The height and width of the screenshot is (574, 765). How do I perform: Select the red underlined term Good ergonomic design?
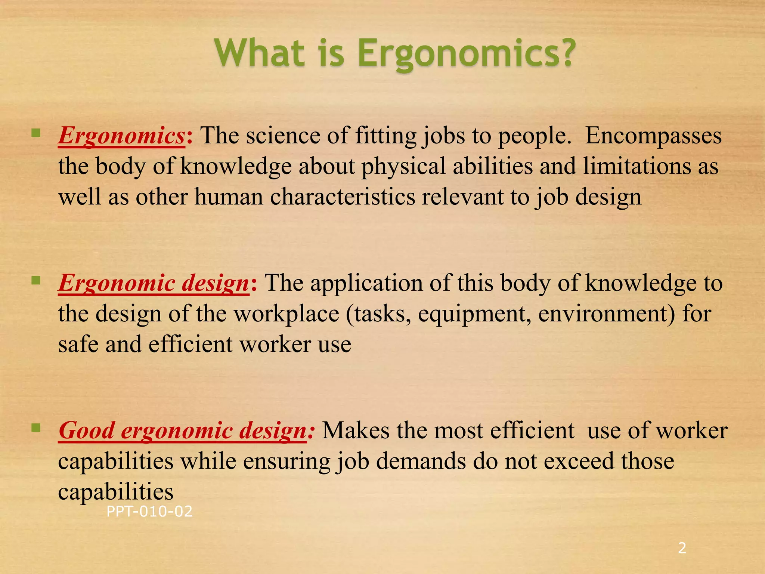tap(183, 430)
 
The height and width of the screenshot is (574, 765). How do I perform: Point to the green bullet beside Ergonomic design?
tap(36, 280)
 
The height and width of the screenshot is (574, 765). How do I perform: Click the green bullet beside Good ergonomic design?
tap(36, 428)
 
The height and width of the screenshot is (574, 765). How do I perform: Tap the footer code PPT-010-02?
tap(149, 512)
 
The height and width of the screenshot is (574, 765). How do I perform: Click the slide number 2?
tap(682, 548)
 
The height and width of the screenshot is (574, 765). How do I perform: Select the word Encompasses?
tap(653, 136)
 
